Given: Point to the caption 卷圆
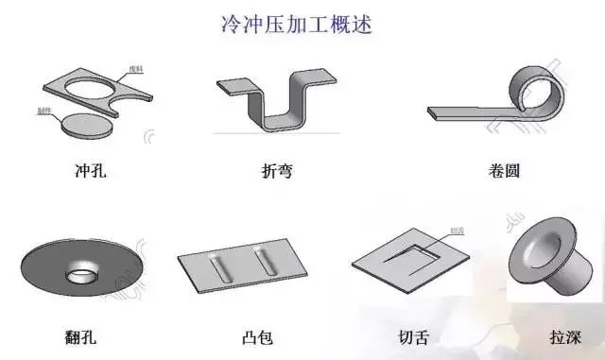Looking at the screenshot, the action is [502, 172].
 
